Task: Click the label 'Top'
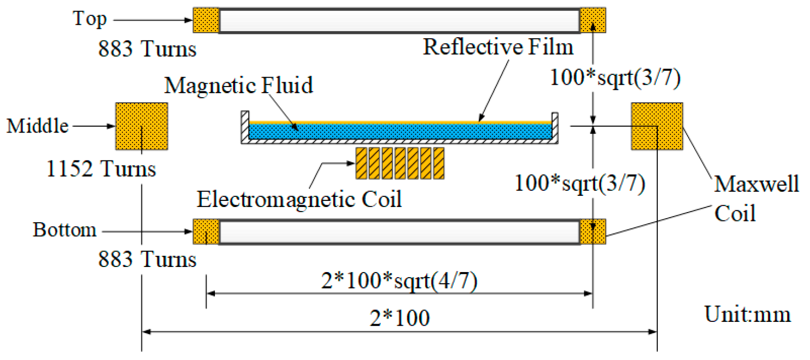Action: pyautogui.click(x=89, y=19)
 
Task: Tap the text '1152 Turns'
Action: pyautogui.click(x=101, y=169)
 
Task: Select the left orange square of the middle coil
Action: pyautogui.click(x=141, y=126)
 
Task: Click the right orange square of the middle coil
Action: pyautogui.click(x=656, y=126)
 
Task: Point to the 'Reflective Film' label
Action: pyautogui.click(x=498, y=47)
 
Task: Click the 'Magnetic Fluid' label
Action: pyautogui.click(x=239, y=86)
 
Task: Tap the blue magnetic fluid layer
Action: pyautogui.click(x=400, y=132)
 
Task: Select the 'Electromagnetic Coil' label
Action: pyautogui.click(x=299, y=200)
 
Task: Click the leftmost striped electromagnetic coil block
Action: pyautogui.click(x=361, y=163)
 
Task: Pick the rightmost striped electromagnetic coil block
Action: pyautogui.click(x=439, y=163)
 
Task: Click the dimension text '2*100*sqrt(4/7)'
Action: pyautogui.click(x=399, y=281)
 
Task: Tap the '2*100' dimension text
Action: pyautogui.click(x=400, y=319)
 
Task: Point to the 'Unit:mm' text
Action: pyautogui.click(x=747, y=315)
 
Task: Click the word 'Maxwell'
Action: pyautogui.click(x=756, y=184)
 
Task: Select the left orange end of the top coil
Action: pyautogui.click(x=206, y=20)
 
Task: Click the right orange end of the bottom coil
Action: pyautogui.click(x=593, y=232)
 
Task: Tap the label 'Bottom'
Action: pyautogui.click(x=65, y=230)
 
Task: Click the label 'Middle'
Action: pyautogui.click(x=37, y=126)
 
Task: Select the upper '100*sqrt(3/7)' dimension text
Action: pyautogui.click(x=615, y=78)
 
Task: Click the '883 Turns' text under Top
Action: pyautogui.click(x=147, y=49)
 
